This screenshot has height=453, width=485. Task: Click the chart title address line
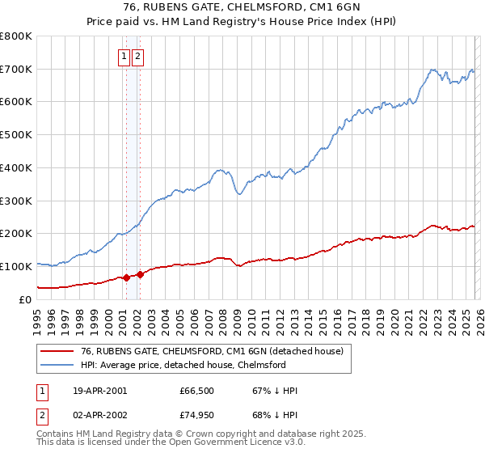242,8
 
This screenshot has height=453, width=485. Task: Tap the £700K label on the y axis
16,69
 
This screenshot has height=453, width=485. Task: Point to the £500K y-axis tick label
16,135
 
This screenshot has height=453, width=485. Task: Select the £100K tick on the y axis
16,266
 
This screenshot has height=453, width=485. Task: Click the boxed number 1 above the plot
124,57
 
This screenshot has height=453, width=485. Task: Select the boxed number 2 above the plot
138,57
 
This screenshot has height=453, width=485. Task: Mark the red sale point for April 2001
126,277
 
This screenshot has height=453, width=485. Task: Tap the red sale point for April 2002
140,274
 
